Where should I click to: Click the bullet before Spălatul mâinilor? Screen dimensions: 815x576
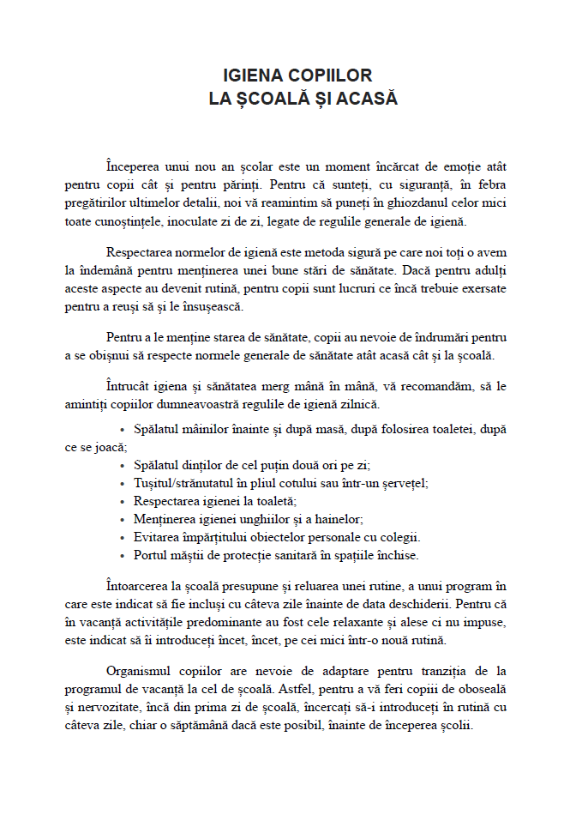click(x=125, y=428)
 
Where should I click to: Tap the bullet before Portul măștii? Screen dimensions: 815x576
click(x=125, y=556)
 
